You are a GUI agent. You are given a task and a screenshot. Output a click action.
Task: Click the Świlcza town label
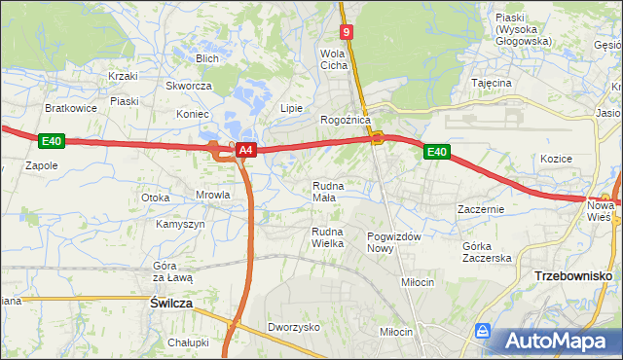click(171, 304)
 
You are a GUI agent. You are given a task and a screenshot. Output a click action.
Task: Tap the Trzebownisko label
click(572, 276)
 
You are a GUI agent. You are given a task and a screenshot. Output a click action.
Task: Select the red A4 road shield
click(246, 150)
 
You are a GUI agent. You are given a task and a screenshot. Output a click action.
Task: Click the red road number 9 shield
click(348, 32)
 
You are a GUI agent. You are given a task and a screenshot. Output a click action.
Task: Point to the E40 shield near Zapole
click(52, 142)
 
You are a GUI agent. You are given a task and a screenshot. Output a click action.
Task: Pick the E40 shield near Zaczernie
click(436, 152)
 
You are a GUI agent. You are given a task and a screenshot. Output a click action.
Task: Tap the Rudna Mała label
click(325, 191)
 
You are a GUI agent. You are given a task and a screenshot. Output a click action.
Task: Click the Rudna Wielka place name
click(327, 237)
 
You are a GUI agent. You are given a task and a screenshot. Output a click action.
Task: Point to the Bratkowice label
click(71, 108)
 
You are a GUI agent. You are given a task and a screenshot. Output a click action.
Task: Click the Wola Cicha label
click(334, 59)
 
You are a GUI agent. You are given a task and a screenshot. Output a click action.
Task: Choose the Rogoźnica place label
click(345, 120)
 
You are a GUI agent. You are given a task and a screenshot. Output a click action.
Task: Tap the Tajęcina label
click(492, 83)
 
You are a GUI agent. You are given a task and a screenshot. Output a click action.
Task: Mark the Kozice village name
click(556, 159)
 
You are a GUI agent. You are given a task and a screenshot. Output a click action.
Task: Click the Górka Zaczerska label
click(487, 252)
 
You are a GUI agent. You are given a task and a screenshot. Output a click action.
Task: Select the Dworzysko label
click(294, 328)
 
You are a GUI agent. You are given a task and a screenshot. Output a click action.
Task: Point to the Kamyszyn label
click(180, 224)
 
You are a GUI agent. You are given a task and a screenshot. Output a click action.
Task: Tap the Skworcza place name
click(189, 86)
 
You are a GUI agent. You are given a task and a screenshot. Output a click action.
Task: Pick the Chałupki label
click(188, 342)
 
